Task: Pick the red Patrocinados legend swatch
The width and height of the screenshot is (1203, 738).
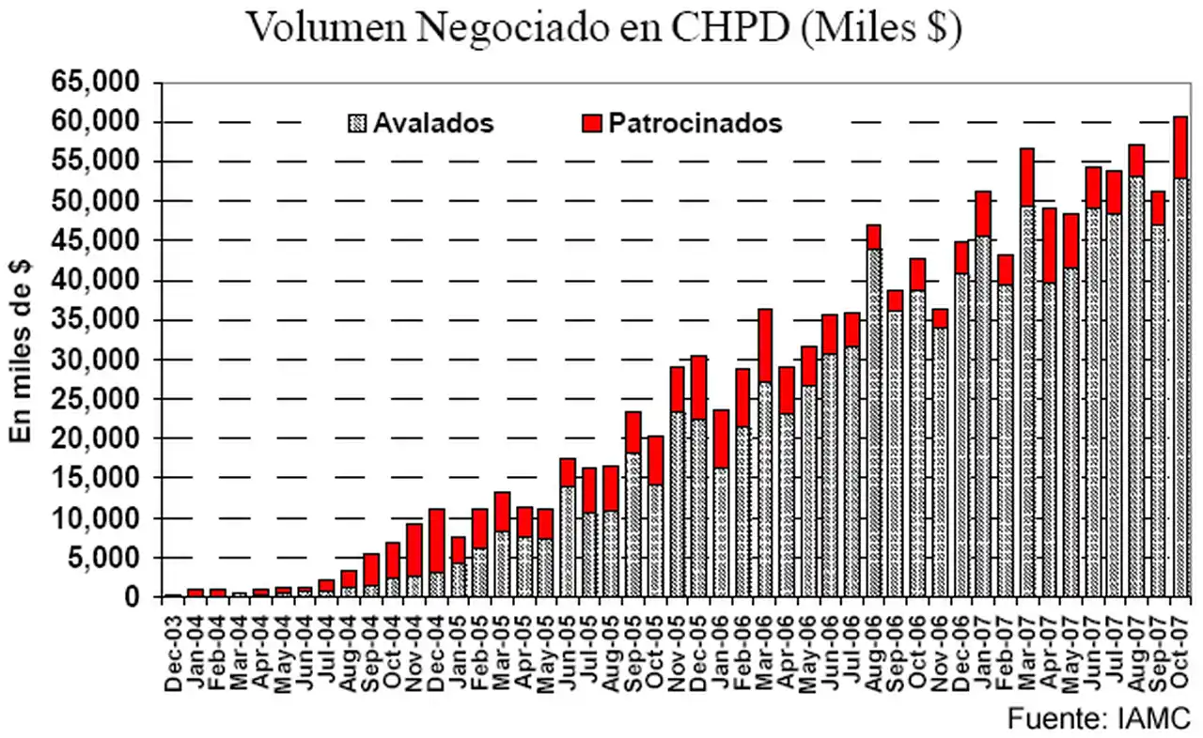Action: (592, 123)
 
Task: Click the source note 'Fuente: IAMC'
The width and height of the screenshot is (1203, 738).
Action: (1099, 718)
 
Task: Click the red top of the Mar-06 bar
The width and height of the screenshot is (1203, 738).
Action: (765, 345)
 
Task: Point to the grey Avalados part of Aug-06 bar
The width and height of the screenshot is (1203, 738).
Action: (874, 423)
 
